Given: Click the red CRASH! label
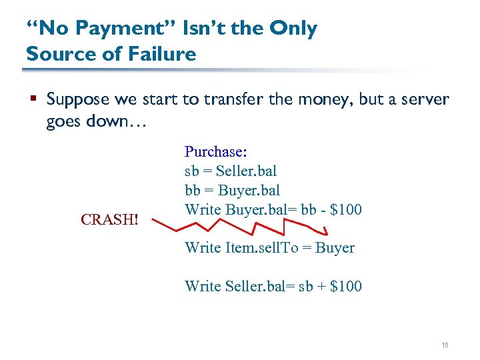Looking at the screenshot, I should tap(109, 219).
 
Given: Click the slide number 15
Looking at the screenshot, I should tap(445, 345).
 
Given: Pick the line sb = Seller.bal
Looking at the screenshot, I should tap(231, 171).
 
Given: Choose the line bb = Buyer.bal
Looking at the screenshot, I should tap(232, 191).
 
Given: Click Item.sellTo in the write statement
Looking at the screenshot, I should tap(256, 248).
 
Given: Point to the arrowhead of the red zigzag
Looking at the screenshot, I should tap(326, 232).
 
